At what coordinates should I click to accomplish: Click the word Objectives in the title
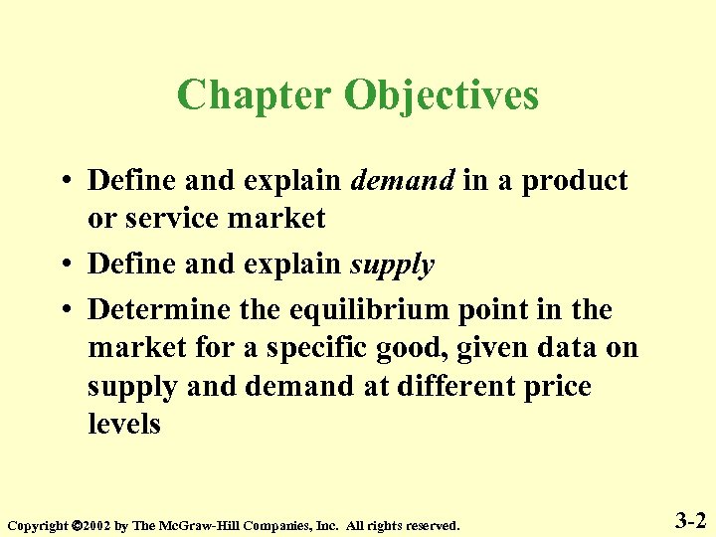(x=442, y=95)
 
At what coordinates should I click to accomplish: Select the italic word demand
(x=404, y=181)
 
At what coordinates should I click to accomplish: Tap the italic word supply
(x=392, y=265)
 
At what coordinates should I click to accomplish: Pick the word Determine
(x=160, y=309)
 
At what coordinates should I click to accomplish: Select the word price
(x=557, y=386)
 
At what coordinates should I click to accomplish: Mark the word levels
(x=124, y=424)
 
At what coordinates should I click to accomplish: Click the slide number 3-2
(x=690, y=519)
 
